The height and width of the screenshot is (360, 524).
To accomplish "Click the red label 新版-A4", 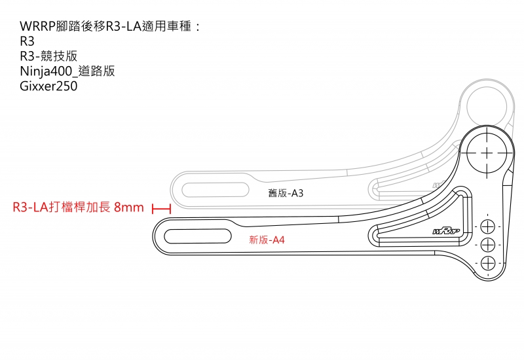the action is click(x=267, y=240).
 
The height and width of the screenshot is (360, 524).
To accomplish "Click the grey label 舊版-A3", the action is click(x=286, y=193).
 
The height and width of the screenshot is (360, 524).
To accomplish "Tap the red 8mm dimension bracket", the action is click(x=161, y=209).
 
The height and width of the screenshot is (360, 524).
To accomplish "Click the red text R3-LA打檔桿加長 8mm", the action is click(x=78, y=207).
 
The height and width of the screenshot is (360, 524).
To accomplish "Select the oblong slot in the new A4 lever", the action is click(x=198, y=236).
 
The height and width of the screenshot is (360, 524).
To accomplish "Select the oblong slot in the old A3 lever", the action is click(x=215, y=190).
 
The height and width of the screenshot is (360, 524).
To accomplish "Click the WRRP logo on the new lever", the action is click(x=446, y=231).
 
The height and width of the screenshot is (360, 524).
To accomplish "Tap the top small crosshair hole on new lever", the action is click(x=487, y=226).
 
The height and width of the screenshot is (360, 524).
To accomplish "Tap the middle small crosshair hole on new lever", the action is click(x=487, y=245).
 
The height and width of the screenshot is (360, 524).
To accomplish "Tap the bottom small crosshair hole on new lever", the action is click(x=487, y=263).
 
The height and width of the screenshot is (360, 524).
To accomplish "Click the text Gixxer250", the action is click(x=48, y=86).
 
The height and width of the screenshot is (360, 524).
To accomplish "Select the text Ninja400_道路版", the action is click(x=67, y=71).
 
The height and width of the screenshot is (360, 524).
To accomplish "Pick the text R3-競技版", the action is click(x=48, y=56).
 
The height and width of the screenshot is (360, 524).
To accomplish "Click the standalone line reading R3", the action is click(x=27, y=41).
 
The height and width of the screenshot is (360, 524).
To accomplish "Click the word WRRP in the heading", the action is click(x=38, y=26).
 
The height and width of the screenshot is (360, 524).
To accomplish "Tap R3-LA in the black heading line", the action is click(x=124, y=26).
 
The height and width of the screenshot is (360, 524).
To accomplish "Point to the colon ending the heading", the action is click(x=198, y=27).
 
